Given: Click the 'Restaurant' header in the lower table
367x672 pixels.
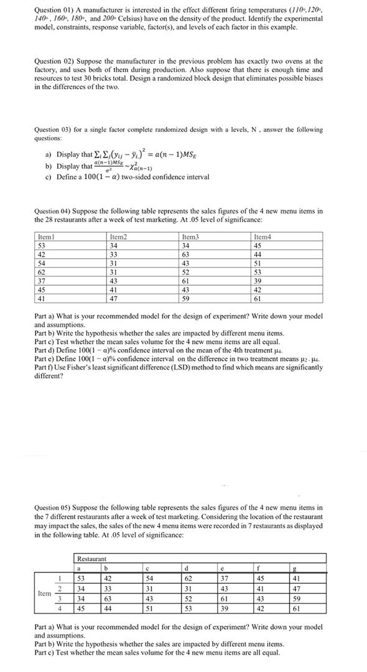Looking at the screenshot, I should [91, 559].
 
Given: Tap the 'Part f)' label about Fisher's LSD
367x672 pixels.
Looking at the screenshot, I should [45, 368].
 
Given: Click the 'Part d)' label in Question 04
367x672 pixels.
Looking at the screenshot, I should [45, 350].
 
